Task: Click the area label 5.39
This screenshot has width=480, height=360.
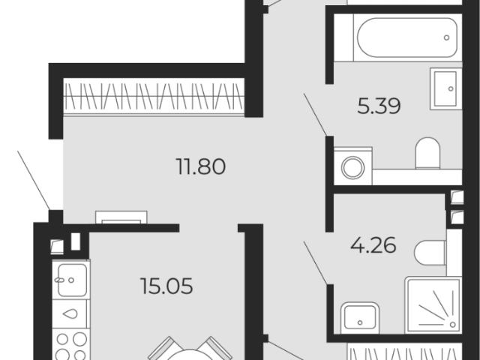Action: [379, 106]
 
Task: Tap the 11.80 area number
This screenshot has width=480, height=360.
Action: [201, 166]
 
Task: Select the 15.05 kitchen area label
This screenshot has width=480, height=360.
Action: [166, 286]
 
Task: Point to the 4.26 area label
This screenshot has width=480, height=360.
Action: [373, 245]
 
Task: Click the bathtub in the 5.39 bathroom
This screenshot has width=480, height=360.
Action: [407, 37]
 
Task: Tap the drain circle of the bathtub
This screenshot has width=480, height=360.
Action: [447, 37]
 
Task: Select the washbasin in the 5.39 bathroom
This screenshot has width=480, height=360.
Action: [445, 88]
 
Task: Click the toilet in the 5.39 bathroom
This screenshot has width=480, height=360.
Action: [427, 153]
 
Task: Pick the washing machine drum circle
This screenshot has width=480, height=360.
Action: [353, 167]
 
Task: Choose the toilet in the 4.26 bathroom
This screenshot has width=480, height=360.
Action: [430, 253]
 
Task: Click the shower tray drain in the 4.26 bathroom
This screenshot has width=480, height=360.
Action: [452, 324]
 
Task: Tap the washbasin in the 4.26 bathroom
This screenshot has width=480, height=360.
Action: [360, 318]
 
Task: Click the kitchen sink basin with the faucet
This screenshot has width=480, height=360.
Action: [72, 280]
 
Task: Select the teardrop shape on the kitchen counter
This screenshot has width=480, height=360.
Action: [70, 313]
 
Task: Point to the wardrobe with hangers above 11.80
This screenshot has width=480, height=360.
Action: [154, 97]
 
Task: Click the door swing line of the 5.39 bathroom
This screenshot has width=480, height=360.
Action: [315, 115]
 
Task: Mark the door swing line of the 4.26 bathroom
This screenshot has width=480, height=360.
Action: [315, 262]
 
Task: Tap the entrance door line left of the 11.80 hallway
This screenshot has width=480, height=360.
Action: [34, 180]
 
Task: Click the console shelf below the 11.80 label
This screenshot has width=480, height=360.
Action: [121, 217]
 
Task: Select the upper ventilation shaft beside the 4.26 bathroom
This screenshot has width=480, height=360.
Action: [457, 197]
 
